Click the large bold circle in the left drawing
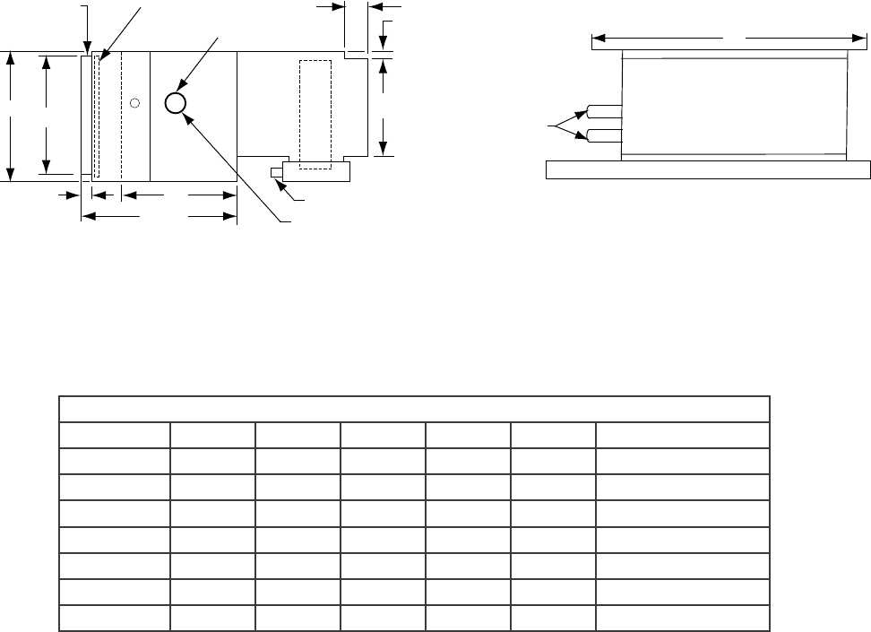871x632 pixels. click(x=176, y=103)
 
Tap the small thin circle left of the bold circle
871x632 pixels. click(x=134, y=102)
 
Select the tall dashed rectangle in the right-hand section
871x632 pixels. click(x=315, y=114)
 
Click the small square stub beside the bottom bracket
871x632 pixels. click(x=276, y=172)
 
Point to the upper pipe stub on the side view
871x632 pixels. click(x=604, y=113)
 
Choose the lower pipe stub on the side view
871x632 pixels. click(x=604, y=136)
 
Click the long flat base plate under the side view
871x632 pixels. click(x=708, y=170)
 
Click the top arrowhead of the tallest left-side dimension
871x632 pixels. click(x=11, y=57)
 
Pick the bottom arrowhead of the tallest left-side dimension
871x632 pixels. click(x=11, y=175)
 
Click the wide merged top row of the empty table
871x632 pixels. click(x=414, y=408)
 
